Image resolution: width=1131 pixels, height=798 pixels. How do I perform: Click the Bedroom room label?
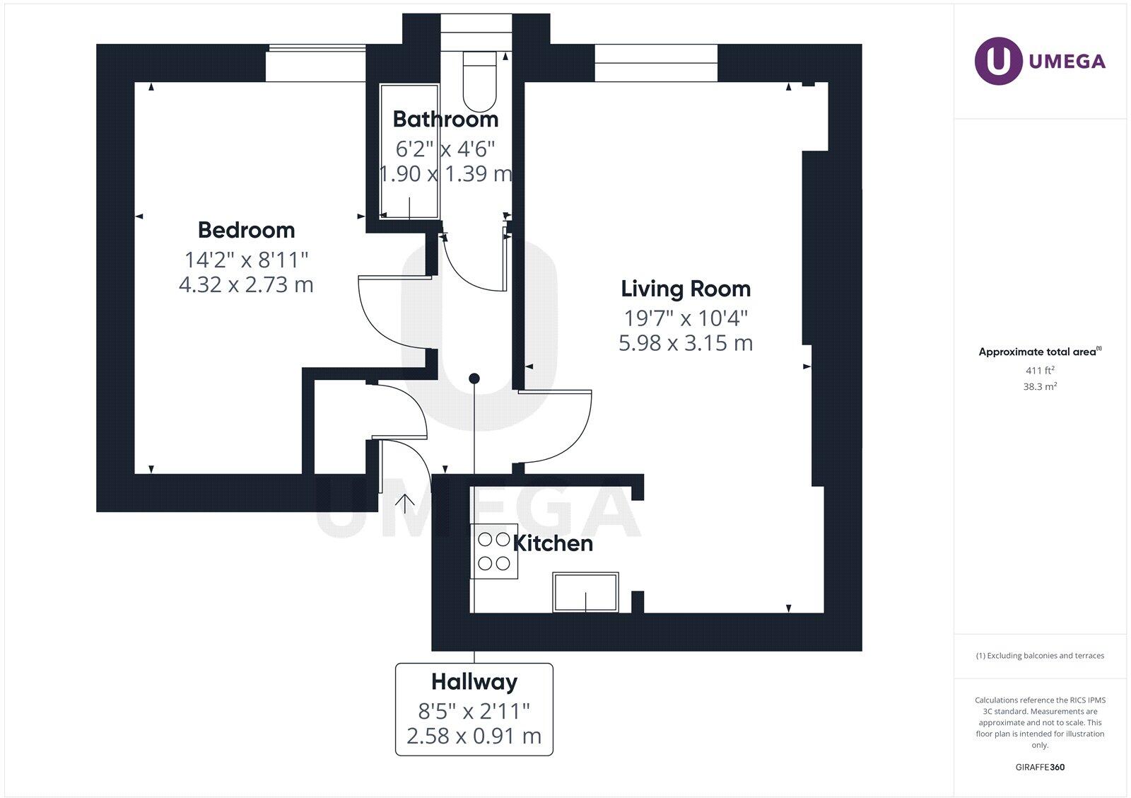[x=247, y=231]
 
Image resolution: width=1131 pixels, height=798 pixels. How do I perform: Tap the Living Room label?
[x=686, y=289]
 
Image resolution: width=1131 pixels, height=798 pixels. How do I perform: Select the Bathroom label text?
[x=445, y=120]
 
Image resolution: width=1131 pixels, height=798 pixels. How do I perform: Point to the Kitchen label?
[x=553, y=544]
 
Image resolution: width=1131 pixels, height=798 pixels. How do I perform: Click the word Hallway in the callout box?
[x=474, y=682]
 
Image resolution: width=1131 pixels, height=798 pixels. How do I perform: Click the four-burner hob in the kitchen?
[x=494, y=551]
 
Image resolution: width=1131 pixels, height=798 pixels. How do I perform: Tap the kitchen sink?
[x=586, y=592]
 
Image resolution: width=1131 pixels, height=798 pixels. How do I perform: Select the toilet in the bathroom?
[x=480, y=81]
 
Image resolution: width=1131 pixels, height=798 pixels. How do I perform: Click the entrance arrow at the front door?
[x=404, y=504]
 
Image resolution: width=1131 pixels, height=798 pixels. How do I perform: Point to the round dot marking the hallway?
[x=474, y=378]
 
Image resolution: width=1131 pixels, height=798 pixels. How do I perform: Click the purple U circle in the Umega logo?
[x=998, y=61]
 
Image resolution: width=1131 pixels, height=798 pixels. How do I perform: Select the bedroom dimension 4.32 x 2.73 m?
[x=247, y=285]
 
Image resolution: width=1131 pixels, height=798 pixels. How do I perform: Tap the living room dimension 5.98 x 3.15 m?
[x=686, y=343]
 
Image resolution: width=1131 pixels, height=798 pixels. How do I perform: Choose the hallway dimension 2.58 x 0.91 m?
[x=474, y=736]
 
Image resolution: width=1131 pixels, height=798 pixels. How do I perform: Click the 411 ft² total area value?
[x=1040, y=371]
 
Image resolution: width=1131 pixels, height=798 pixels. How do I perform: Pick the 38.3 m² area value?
[x=1040, y=386]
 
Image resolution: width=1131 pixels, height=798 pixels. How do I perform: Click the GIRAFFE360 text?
[x=1040, y=767]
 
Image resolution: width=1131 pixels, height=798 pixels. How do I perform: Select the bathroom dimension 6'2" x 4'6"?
[x=445, y=149]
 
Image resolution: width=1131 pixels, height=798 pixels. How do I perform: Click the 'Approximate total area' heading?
[x=1038, y=352]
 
